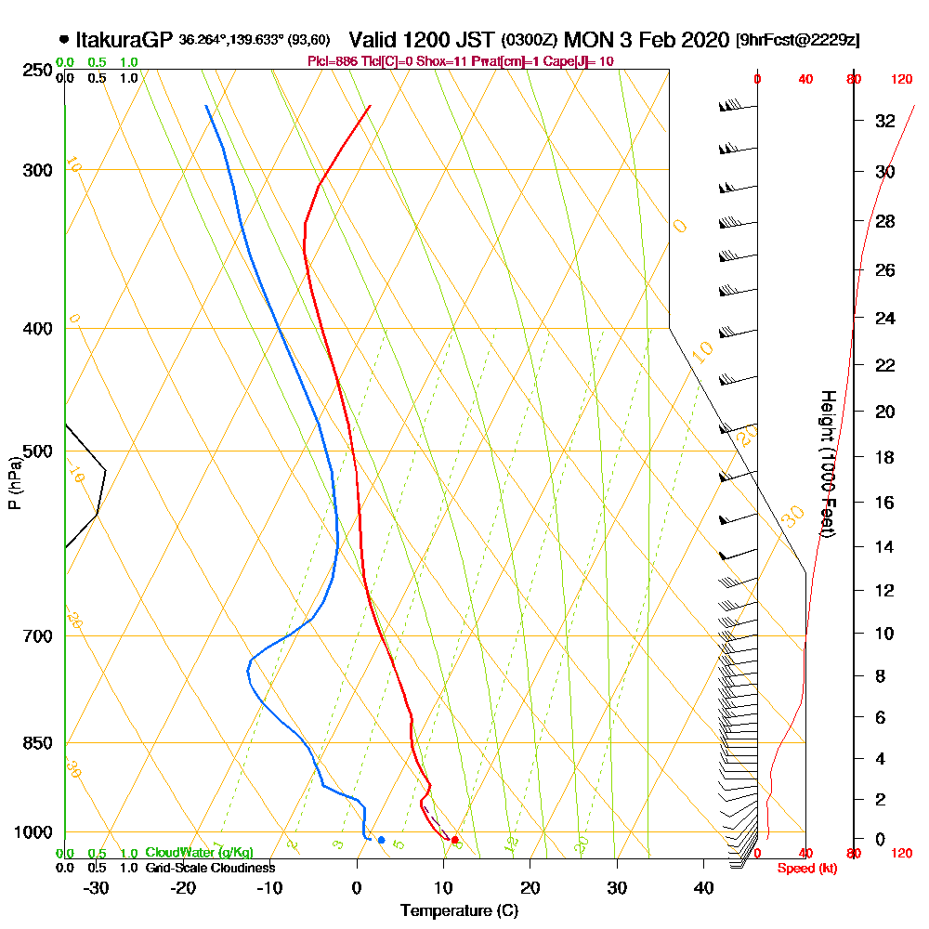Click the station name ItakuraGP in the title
pos(124,40)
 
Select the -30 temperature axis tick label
pos(97,887)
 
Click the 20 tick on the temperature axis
pos(530,887)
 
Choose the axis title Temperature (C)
pos(459,911)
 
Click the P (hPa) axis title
pos(14,482)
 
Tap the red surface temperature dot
pos(454,840)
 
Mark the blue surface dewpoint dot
pos(381,840)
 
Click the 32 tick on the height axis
pos(884,121)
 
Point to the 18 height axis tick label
pos(884,457)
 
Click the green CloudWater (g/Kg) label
pos(199,852)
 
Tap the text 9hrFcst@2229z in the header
pos(797,41)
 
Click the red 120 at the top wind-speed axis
pos(901,80)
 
